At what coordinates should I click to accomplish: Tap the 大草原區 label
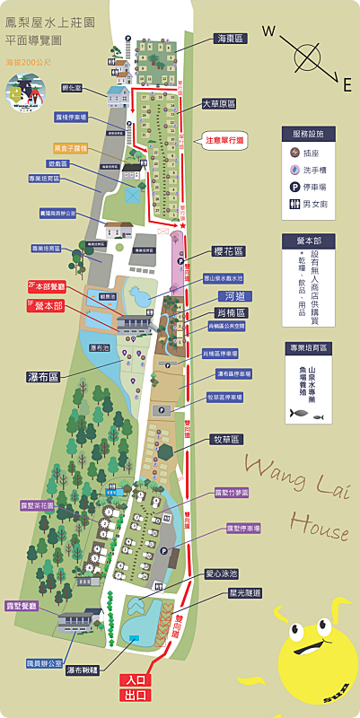(x=219, y=104)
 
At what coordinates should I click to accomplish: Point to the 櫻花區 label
(x=229, y=251)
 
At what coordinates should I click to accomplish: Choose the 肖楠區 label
(x=232, y=312)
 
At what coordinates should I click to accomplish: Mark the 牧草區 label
(x=224, y=440)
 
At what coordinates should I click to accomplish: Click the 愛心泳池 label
(x=221, y=574)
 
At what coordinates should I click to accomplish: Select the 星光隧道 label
(x=244, y=593)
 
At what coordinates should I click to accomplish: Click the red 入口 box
(x=136, y=681)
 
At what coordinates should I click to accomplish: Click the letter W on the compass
(x=268, y=31)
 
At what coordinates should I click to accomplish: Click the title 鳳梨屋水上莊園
(x=43, y=24)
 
